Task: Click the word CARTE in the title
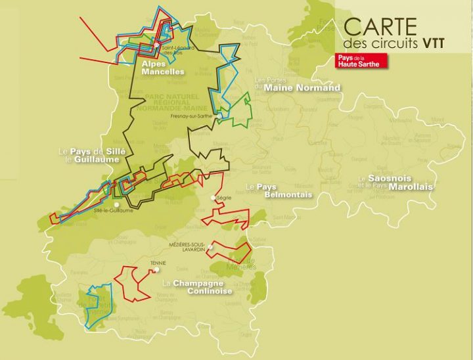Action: point(380,27)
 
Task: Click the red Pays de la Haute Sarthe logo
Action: point(361,60)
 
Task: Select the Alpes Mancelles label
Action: point(162,68)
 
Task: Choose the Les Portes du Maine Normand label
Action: point(297,84)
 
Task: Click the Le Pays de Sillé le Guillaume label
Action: point(91,155)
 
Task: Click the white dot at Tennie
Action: point(157,269)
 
